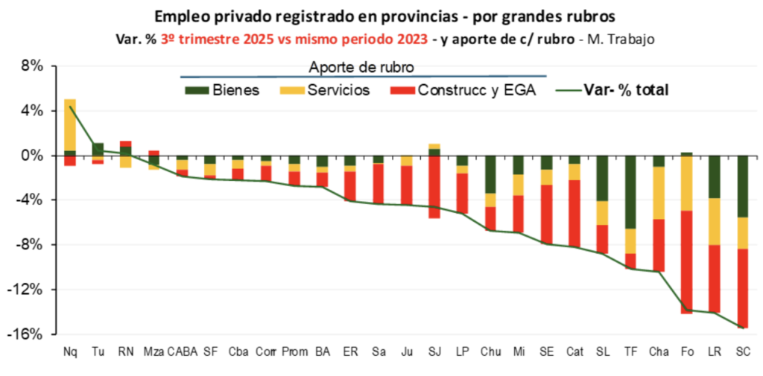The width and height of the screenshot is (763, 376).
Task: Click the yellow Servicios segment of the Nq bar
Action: (70, 124)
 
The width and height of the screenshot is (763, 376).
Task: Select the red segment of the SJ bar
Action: (434, 186)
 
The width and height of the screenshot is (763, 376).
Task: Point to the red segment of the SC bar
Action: (743, 287)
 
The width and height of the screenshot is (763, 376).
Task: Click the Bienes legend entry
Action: (224, 91)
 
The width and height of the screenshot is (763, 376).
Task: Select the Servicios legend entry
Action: (334, 91)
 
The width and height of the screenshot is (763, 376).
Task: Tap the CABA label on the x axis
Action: (183, 351)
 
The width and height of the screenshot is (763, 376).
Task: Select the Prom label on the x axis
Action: (294, 351)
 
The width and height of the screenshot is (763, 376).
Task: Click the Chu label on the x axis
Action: (490, 351)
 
